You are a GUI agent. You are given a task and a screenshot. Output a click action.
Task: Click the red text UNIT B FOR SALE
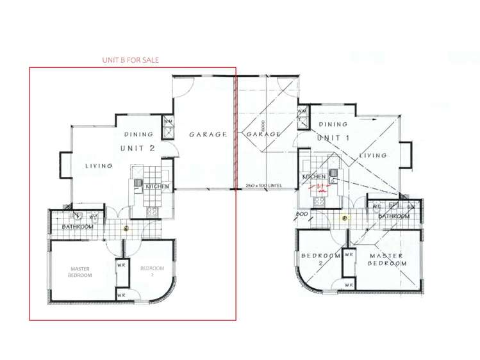coord(131,60)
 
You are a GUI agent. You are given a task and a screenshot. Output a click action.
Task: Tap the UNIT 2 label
coord(138,148)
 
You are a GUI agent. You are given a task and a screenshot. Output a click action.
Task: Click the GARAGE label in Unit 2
coord(208,135)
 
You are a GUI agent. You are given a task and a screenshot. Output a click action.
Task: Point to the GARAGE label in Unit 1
coord(263,135)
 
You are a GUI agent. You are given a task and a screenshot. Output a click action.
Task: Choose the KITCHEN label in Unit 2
coord(158,186)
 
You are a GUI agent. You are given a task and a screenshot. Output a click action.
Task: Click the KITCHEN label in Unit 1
coord(315,176)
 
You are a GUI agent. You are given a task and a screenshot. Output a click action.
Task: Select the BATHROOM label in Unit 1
coord(393,217)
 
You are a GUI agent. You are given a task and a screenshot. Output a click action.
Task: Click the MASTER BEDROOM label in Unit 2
coord(81,272)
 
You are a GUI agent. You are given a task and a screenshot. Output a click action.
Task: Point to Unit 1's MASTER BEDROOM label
coord(386,259)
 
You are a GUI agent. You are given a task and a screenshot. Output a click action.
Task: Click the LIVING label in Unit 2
coord(99,165)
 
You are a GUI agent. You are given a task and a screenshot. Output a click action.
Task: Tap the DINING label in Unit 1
coord(333,124)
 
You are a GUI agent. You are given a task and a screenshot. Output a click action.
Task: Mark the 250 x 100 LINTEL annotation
coord(263,186)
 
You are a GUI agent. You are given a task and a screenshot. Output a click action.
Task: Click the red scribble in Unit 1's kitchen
coord(317,188)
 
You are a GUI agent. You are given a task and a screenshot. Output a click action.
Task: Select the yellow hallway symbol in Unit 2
coord(126,228)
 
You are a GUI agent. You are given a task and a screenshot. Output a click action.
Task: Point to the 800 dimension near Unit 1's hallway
coord(304,214)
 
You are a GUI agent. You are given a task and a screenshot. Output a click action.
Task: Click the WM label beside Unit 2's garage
coord(168,120)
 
